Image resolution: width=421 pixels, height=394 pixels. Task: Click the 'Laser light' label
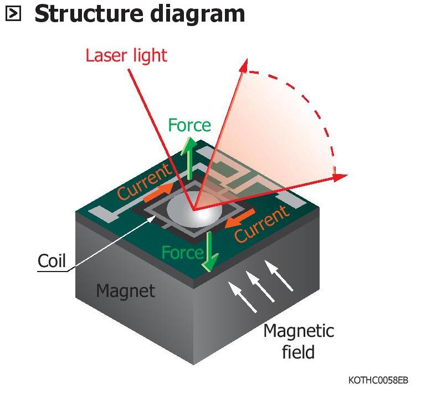click(x=126, y=56)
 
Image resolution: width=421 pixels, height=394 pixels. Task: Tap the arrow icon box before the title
click(x=13, y=14)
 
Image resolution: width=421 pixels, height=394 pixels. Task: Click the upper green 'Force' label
click(x=189, y=125)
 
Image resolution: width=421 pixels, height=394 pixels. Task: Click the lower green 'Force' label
click(x=182, y=253)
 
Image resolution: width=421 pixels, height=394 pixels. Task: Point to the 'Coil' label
click(x=52, y=260)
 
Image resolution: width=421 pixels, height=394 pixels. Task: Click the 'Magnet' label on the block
click(x=125, y=290)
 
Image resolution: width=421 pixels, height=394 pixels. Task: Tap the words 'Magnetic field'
click(x=299, y=341)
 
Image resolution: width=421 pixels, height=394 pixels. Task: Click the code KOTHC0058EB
click(x=378, y=380)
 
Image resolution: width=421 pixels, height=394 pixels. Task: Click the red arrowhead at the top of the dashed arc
click(x=243, y=67)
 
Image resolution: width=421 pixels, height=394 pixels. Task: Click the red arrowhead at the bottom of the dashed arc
click(x=340, y=177)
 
